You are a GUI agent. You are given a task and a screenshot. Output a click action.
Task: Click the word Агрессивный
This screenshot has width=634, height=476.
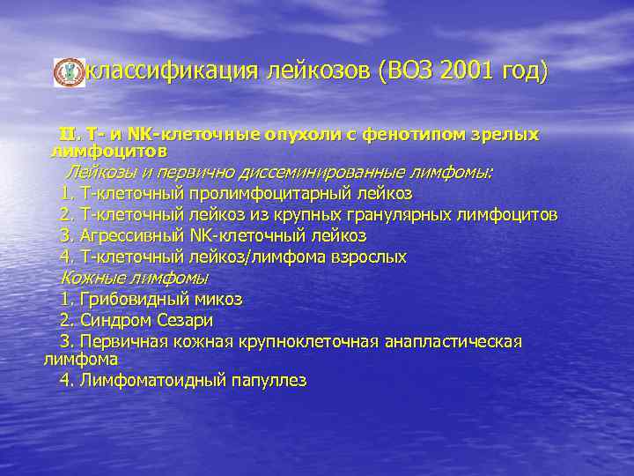click(x=132, y=235)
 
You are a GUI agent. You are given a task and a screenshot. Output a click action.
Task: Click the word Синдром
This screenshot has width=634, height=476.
click(x=113, y=320)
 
